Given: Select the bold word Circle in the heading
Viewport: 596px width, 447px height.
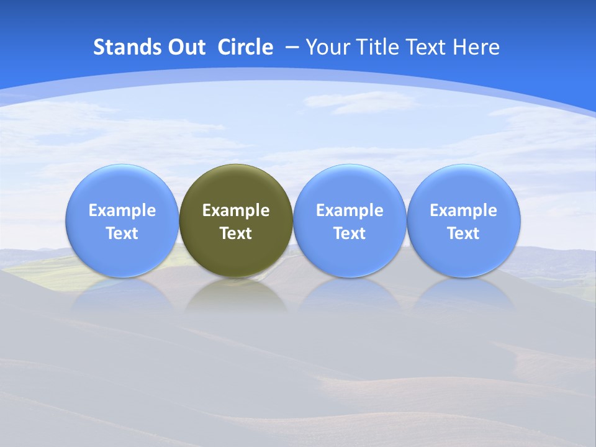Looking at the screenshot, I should click(245, 47).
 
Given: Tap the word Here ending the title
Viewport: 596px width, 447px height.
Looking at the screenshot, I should click(476, 47).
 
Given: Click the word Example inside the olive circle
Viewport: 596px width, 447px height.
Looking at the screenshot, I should click(236, 210).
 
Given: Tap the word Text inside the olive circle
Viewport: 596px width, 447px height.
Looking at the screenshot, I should click(236, 233).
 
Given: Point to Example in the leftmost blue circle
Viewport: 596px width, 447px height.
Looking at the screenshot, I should click(122, 210).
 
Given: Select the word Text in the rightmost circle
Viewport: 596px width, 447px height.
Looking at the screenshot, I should click(464, 233).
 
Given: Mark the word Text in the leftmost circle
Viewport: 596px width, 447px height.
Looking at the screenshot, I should click(122, 233).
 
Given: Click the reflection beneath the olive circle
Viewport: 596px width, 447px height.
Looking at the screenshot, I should click(236, 295).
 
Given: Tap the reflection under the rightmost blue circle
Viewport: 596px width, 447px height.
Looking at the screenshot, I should click(464, 295).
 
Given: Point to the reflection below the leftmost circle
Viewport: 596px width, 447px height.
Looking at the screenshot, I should click(122, 295).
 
